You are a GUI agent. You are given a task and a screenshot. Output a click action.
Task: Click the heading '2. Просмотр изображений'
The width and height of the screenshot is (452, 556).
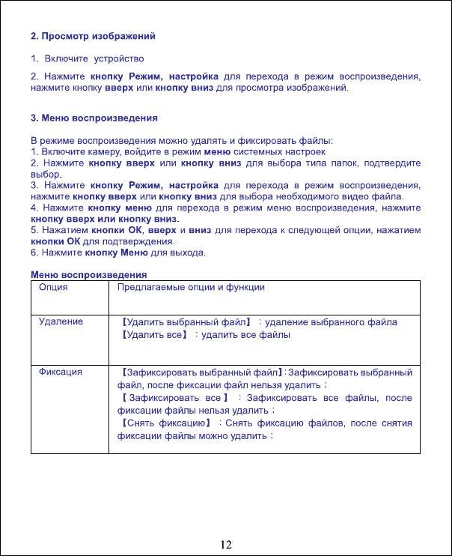click(x=94, y=36)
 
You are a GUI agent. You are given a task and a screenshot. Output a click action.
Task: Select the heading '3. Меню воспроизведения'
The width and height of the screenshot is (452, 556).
click(x=94, y=118)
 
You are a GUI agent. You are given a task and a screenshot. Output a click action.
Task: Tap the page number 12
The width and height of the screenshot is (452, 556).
click(x=226, y=543)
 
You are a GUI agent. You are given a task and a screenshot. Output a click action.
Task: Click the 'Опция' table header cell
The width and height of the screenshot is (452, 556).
click(x=53, y=287)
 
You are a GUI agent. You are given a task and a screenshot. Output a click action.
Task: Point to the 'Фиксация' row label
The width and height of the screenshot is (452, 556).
click(x=61, y=372)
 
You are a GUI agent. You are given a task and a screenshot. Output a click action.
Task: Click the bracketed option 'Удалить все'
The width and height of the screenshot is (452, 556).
click(x=153, y=335)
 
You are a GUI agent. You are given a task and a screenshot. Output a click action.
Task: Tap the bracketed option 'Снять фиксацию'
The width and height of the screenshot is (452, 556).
click(x=164, y=423)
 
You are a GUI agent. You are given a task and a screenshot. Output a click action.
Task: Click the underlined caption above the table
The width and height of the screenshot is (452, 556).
click(x=88, y=274)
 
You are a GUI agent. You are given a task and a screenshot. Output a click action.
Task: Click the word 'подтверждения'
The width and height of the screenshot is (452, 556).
click(x=141, y=242)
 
